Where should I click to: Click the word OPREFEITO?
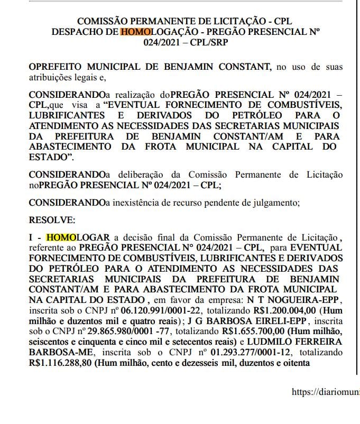[57, 67]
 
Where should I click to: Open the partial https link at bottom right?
[326, 392]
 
